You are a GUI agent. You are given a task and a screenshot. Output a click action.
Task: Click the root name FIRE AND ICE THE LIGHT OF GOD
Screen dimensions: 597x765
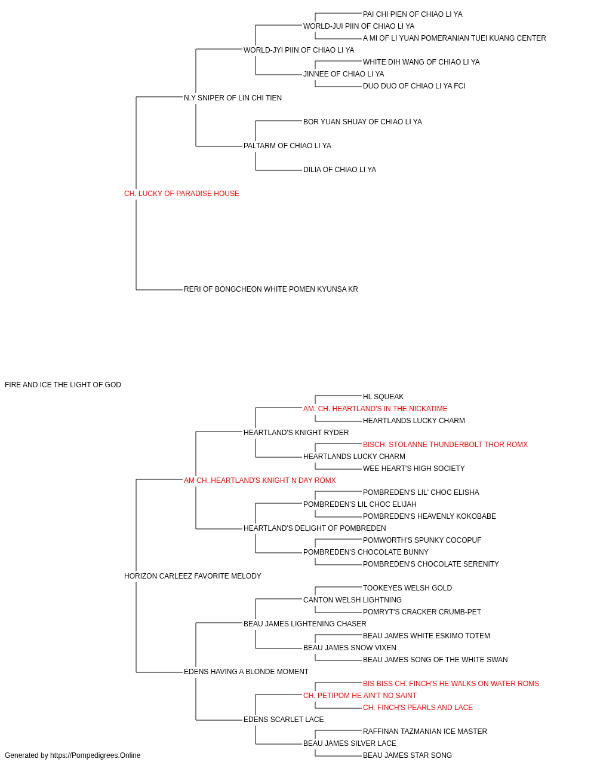[63, 385]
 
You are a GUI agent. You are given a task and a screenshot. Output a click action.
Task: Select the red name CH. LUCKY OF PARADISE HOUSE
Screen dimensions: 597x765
[181, 194]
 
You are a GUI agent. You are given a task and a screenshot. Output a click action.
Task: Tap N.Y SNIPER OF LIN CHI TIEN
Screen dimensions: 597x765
[233, 98]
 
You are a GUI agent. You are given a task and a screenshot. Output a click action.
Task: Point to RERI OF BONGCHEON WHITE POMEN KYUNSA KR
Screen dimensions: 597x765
[270, 289]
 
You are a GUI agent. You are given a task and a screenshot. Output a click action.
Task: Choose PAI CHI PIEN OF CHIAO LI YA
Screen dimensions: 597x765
[413, 14]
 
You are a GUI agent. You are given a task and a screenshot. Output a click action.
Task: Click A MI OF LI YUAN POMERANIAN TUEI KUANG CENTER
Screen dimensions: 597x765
[454, 38]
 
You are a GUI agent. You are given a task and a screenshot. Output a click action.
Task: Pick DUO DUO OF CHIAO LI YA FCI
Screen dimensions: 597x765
[414, 86]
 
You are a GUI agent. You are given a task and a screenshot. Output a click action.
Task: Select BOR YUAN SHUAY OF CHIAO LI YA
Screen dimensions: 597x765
[362, 122]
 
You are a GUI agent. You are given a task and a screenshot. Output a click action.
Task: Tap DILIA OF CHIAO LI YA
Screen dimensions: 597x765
[340, 170]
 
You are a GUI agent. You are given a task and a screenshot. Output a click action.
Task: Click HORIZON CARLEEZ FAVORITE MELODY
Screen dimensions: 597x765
[193, 576]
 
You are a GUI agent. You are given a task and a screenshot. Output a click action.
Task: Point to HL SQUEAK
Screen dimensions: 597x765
[383, 397]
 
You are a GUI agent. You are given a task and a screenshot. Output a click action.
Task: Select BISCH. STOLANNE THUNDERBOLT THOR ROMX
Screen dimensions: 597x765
[445, 445]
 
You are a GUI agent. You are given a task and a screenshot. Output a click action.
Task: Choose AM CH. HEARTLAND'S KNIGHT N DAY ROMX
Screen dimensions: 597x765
[260, 481]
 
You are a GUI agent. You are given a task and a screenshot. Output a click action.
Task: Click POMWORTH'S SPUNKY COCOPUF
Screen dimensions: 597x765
[422, 540]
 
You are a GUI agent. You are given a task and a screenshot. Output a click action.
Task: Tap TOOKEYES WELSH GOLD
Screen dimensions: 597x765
[407, 588]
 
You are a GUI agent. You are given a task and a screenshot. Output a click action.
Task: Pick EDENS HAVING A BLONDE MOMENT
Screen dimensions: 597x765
[246, 672]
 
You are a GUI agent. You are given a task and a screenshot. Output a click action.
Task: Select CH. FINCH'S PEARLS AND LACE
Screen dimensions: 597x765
[418, 708]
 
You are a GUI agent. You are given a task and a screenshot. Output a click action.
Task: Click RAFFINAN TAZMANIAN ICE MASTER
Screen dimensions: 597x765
[424, 732]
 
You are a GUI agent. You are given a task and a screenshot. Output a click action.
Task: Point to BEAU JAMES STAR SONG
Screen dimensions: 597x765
[407, 755]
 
